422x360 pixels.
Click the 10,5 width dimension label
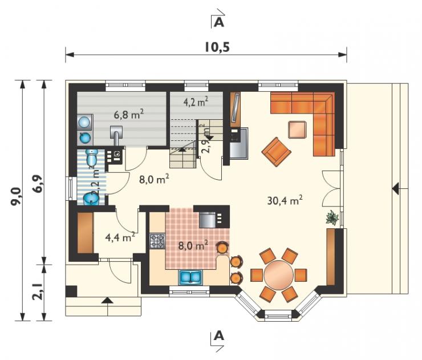(217, 47)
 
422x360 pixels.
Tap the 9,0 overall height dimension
(15, 197)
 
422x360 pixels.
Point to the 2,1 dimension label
(37, 291)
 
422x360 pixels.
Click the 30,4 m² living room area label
(285, 200)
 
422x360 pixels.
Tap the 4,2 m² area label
(196, 102)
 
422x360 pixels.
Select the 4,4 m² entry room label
(120, 237)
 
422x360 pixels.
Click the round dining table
(278, 274)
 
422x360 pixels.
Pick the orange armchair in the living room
(277, 152)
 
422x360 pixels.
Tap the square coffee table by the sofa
(297, 130)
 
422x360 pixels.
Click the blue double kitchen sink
(190, 277)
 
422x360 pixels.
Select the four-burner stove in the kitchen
(157, 241)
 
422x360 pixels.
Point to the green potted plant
(332, 217)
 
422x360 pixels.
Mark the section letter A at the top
(219, 23)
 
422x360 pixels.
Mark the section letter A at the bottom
(219, 336)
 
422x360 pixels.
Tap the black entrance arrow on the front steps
(107, 301)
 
